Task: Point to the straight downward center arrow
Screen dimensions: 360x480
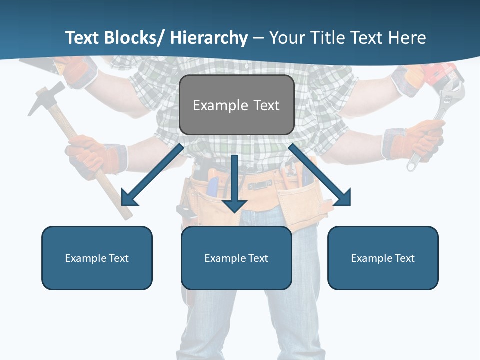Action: coord(234,185)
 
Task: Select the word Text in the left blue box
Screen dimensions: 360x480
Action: coord(119,258)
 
